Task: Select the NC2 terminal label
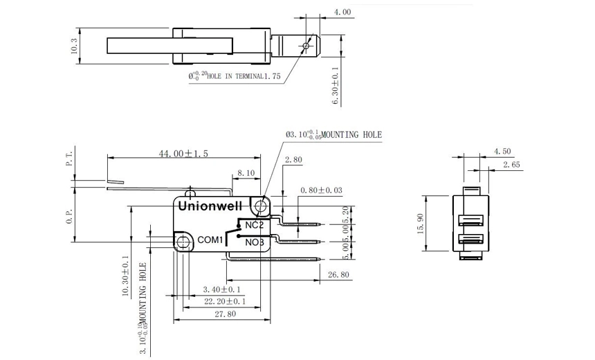(x=254, y=225)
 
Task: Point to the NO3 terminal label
(x=254, y=242)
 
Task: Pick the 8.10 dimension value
(x=246, y=173)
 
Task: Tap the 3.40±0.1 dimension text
(x=221, y=289)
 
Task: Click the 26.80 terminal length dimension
(x=340, y=275)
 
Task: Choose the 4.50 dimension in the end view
(x=502, y=151)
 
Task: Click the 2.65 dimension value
(x=512, y=165)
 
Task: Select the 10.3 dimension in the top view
(x=74, y=46)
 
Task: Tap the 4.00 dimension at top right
(x=342, y=12)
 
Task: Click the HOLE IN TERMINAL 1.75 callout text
(x=235, y=77)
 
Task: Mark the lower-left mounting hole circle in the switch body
(x=183, y=242)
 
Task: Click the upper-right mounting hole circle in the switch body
(x=260, y=206)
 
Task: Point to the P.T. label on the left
(x=68, y=161)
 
